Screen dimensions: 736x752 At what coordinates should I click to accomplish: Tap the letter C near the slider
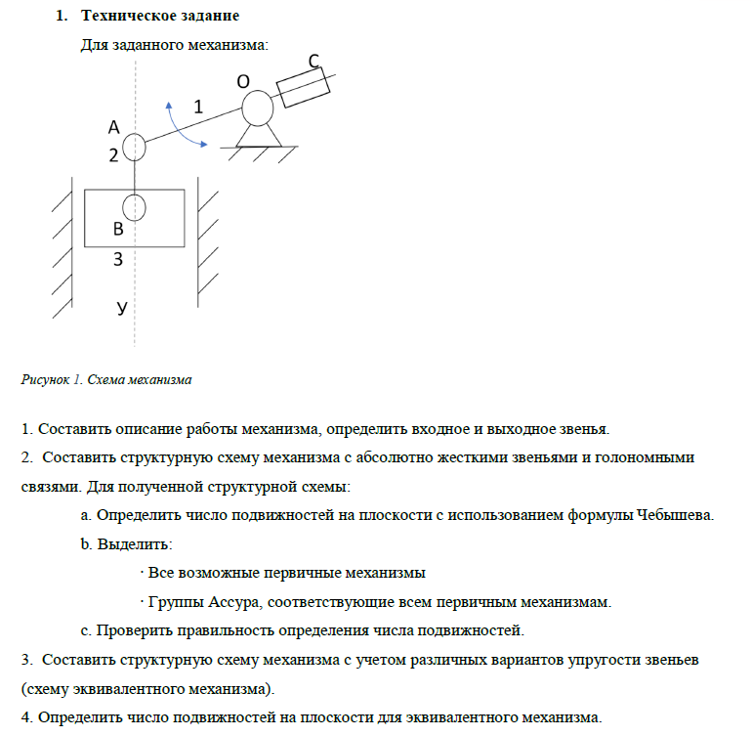(x=314, y=62)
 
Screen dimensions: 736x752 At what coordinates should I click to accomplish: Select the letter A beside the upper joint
(x=114, y=127)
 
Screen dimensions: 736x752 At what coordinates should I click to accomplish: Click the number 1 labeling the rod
(x=199, y=107)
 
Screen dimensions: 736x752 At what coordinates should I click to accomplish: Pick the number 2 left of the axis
(x=113, y=154)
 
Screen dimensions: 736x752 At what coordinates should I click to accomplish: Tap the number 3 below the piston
(x=118, y=259)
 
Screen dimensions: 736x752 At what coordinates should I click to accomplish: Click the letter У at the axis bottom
(x=121, y=307)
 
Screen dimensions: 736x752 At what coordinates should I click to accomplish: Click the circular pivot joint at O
(x=258, y=107)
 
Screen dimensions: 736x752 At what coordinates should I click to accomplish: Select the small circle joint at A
(x=135, y=148)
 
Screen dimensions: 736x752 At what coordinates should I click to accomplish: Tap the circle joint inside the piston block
(x=135, y=207)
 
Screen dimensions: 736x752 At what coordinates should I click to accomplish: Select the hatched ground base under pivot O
(x=258, y=152)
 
